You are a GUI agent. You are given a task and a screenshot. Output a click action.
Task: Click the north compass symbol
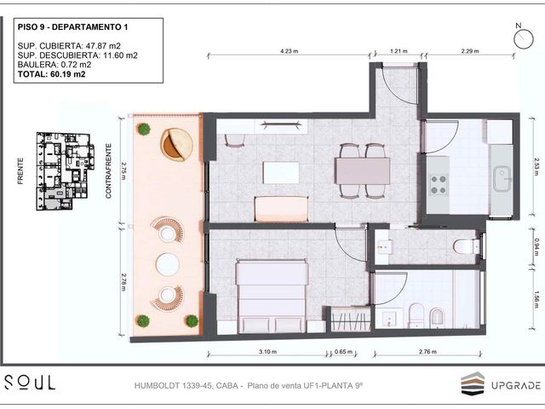click(523, 38)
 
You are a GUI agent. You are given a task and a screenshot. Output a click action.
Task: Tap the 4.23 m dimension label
click(290, 51)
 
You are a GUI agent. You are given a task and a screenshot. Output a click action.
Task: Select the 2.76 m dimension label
click(427, 352)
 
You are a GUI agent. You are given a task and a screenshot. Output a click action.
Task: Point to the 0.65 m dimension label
click(343, 352)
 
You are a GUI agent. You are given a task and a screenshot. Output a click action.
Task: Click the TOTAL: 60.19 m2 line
click(51, 74)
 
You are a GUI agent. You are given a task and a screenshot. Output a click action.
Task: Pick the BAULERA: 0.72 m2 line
click(54, 65)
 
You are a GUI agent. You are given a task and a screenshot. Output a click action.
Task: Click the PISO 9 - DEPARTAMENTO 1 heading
click(72, 27)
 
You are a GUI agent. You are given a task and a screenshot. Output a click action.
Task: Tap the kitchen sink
click(502, 179)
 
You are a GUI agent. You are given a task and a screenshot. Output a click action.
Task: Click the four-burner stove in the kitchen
click(439, 185)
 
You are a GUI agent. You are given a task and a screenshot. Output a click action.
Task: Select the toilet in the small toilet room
click(467, 246)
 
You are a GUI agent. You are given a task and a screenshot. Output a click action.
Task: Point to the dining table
click(362, 170)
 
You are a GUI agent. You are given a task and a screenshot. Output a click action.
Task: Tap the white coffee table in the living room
click(281, 172)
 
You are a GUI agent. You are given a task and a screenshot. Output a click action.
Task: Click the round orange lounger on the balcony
click(176, 144)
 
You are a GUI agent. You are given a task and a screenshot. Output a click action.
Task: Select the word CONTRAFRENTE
click(108, 171)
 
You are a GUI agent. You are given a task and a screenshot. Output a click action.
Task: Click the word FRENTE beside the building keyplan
click(20, 171)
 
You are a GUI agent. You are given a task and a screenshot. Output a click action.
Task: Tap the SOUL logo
click(30, 383)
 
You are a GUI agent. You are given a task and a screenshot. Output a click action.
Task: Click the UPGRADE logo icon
click(473, 383)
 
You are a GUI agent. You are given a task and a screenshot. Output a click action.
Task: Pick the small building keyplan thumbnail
click(65, 171)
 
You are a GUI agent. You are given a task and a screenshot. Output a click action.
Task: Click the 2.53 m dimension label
click(537, 167)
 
